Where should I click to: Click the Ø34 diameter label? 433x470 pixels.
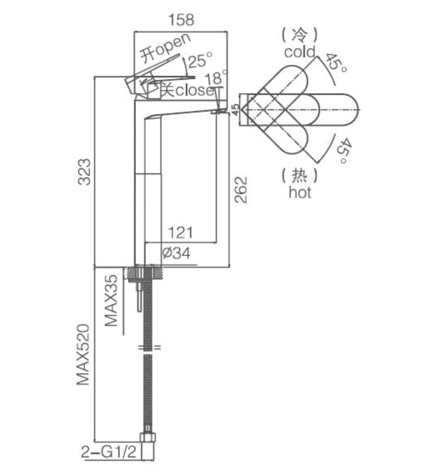(x=177, y=254)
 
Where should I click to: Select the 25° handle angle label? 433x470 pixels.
(x=199, y=62)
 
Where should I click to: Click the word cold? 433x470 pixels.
(x=299, y=52)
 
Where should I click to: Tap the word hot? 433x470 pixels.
(x=299, y=193)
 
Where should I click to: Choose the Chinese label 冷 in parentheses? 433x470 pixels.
(x=300, y=34)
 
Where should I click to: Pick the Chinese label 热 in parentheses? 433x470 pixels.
(x=299, y=176)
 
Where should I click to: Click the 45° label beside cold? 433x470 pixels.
(x=336, y=66)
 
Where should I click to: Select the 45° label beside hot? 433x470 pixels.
(x=342, y=151)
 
